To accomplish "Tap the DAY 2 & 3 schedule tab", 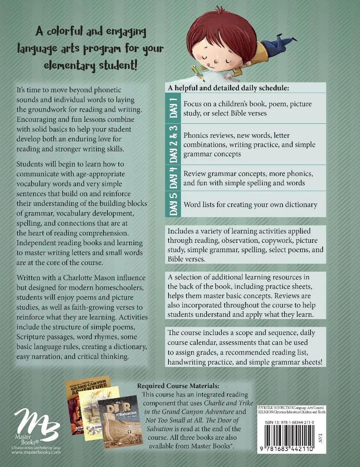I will click(x=174, y=144).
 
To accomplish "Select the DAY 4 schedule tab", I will click(x=174, y=177).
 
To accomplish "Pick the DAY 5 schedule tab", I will click(x=174, y=204).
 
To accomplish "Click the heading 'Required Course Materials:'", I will click(x=178, y=386).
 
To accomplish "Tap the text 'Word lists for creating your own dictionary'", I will click(x=250, y=204).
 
